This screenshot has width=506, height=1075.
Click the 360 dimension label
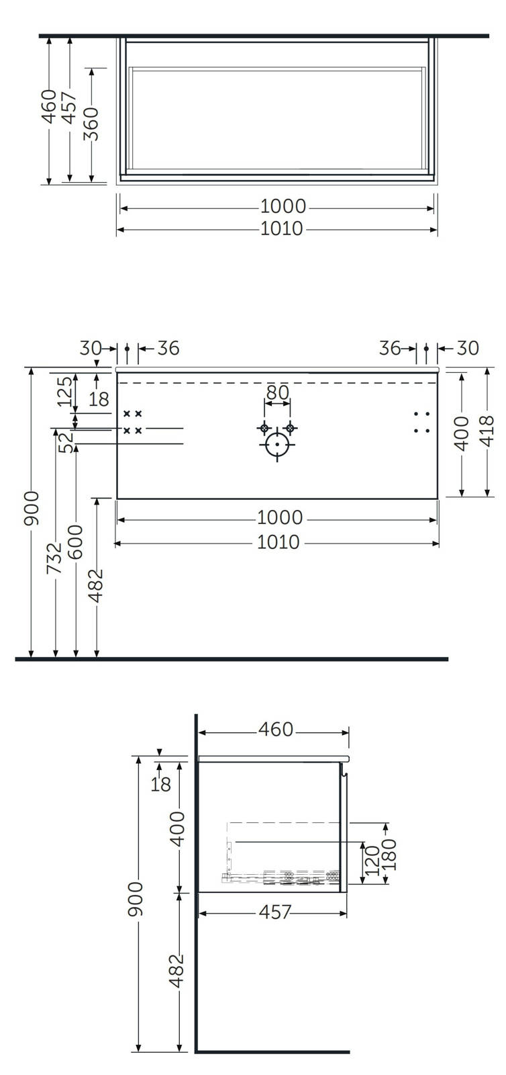[x=91, y=124]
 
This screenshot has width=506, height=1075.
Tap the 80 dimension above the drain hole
[x=277, y=392]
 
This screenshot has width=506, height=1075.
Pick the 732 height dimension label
[x=54, y=558]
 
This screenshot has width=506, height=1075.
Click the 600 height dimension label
[x=75, y=542]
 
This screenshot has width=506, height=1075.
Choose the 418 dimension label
[x=487, y=431]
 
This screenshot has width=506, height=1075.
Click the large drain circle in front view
[x=277, y=444]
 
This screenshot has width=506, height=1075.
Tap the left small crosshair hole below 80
[x=264, y=427]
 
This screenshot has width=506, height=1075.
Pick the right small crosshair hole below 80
[x=289, y=427]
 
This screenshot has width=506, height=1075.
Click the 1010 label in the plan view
[x=282, y=228]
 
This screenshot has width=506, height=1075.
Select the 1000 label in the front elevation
[x=280, y=517]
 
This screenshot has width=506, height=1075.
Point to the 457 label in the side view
[x=274, y=912]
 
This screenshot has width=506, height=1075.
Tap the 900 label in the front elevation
[x=32, y=508]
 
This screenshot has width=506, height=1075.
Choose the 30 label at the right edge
[x=468, y=348]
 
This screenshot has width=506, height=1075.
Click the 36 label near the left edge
[x=168, y=348]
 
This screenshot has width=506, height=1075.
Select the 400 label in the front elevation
[x=461, y=433]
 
